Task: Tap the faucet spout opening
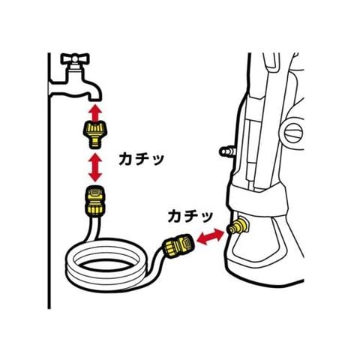95,99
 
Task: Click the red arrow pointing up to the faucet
95,112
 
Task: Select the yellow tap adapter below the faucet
95,134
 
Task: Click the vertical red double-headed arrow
95,167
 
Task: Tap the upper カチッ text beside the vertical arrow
141,159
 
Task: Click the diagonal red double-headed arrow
211,236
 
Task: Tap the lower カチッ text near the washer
190,217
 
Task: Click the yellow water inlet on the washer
238,226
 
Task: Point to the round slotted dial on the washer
293,133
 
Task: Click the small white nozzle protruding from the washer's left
226,151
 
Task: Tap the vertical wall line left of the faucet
49,181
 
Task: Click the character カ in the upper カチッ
125,159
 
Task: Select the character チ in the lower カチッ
191,217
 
